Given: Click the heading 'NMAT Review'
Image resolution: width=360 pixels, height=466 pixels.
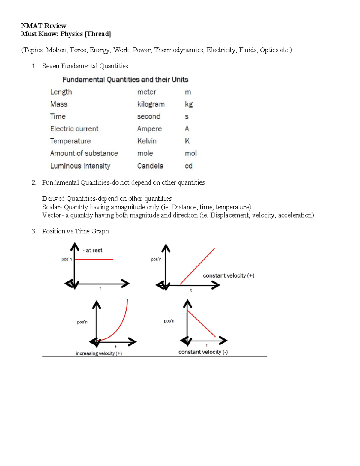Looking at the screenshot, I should coord(43,26).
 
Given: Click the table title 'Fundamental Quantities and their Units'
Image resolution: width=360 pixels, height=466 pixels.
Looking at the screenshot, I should coord(125,80).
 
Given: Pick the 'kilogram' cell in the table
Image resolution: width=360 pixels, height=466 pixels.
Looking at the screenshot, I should coord(151,104).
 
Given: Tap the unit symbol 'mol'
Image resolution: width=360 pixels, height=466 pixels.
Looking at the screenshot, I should coord(191,154).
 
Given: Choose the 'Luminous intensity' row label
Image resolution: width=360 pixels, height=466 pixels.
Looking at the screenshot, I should coord(80,166).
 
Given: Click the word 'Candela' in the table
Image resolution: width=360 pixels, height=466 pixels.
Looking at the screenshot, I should coord(150,166).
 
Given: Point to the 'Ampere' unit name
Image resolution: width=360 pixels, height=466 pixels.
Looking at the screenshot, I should coord(149,129).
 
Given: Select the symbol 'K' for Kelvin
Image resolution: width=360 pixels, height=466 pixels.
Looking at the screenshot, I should coord(187,141).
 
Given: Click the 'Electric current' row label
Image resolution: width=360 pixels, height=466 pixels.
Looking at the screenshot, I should coord(74,129).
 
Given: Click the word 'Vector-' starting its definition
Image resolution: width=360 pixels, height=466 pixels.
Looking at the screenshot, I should coord(53,215).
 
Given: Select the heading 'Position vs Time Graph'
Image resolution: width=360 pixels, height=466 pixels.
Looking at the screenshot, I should coord(75,231).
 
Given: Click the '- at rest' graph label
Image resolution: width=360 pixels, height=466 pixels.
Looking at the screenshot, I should coord(93,250).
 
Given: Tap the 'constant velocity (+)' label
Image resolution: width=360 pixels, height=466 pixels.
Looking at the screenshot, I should coord(229,275).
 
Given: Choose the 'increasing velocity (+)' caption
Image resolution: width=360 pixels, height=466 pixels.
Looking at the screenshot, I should coord(99,353).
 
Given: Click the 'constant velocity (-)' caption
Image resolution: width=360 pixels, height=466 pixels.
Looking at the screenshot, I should coord(203,352).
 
